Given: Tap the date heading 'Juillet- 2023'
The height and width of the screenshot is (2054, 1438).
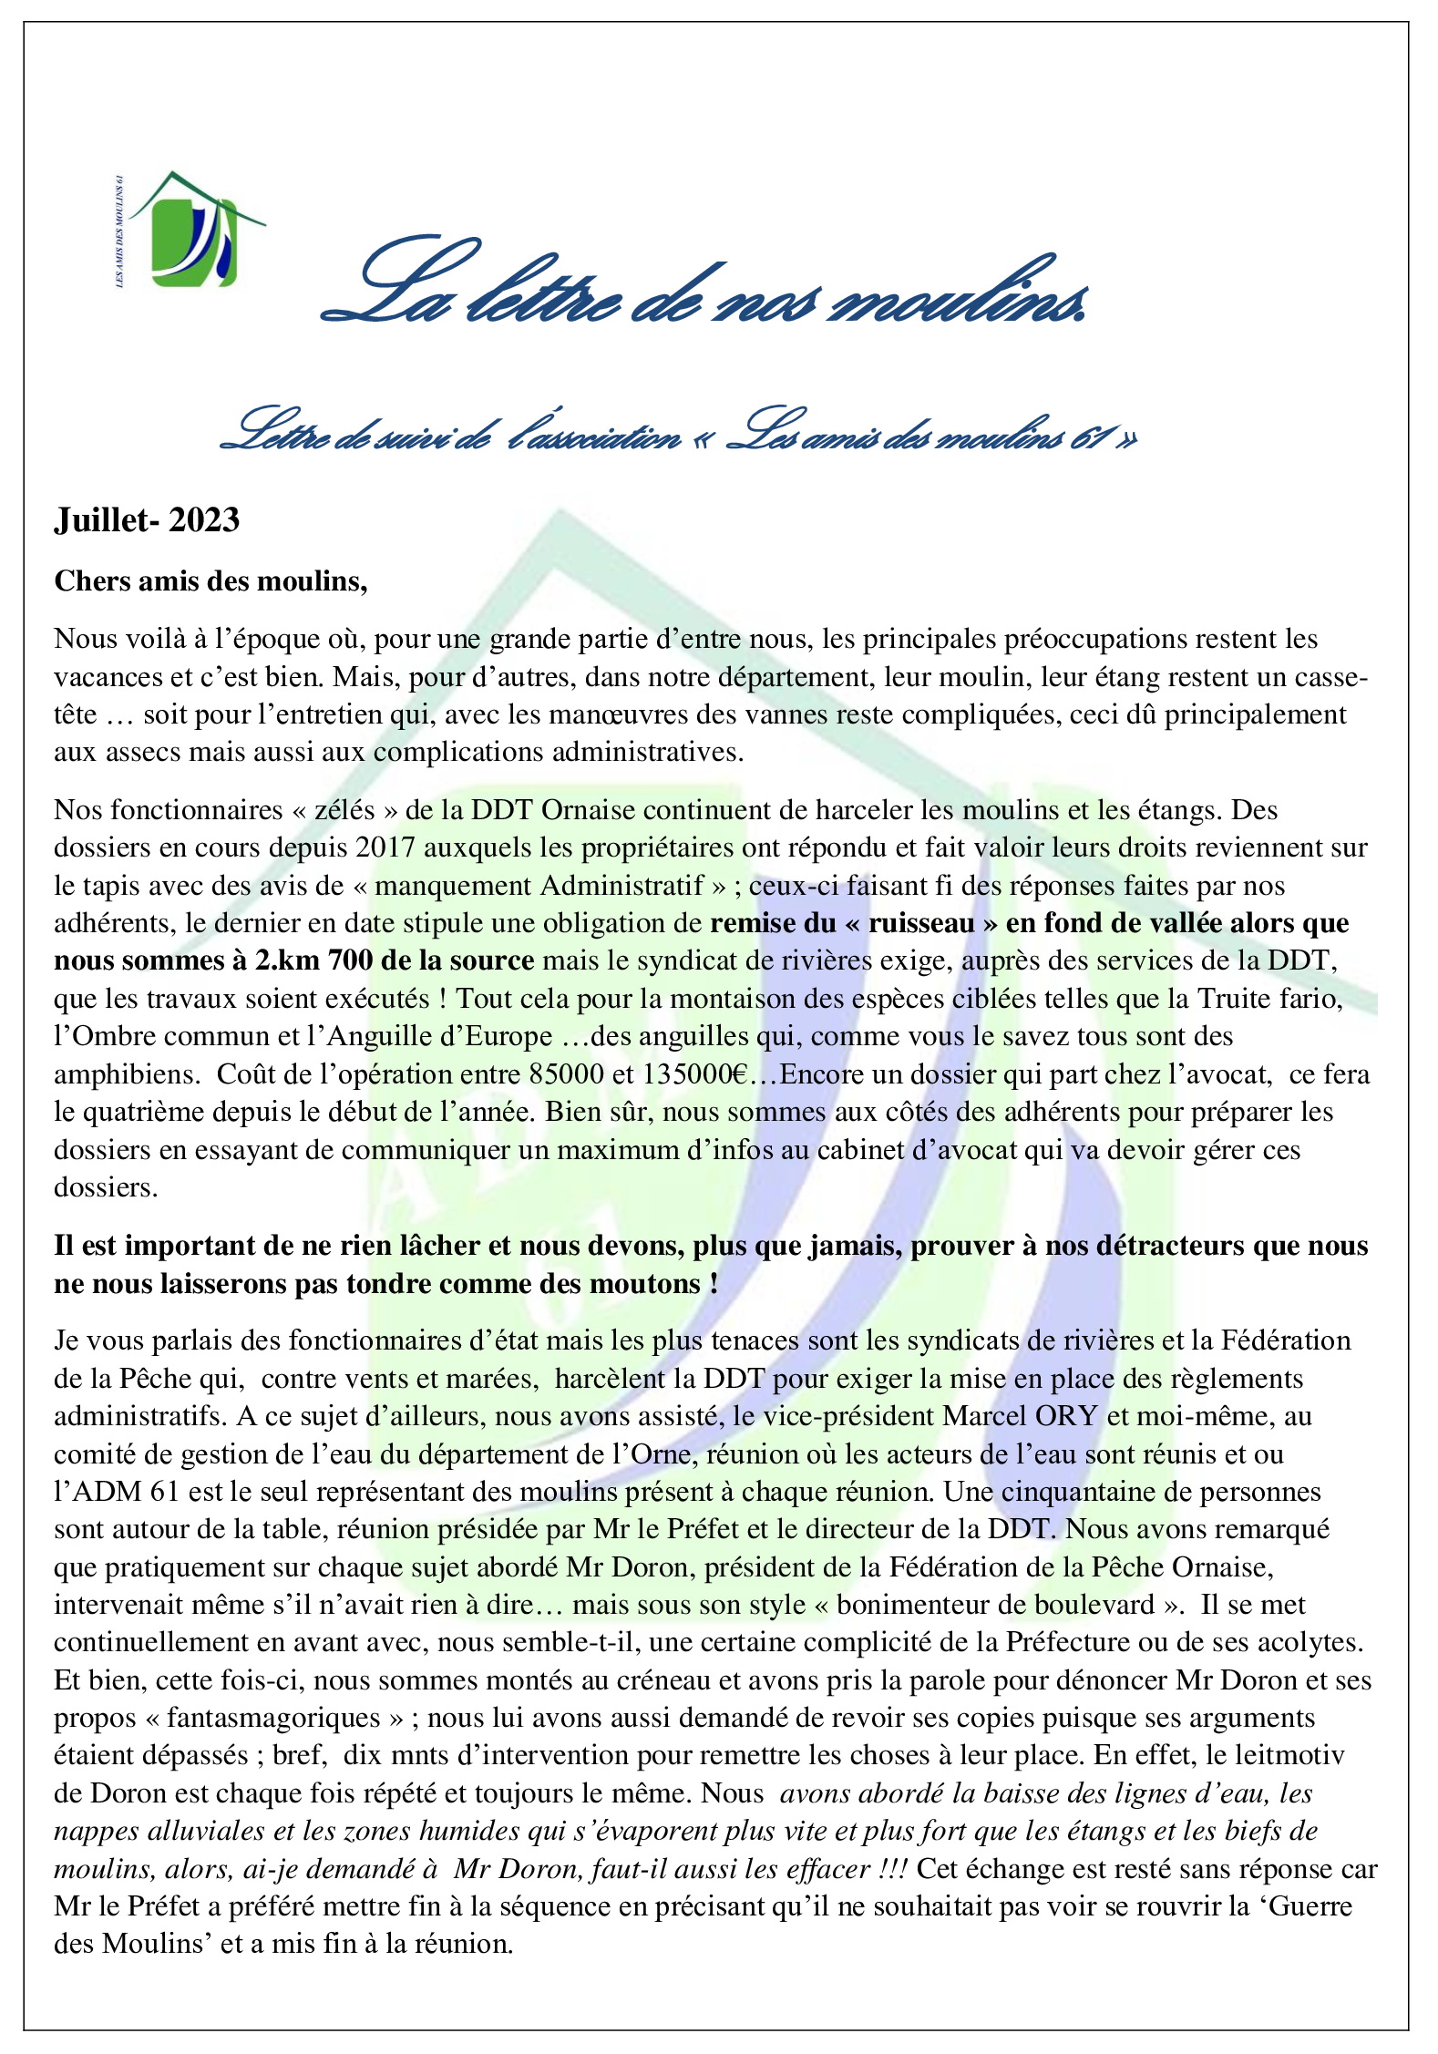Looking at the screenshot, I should pos(147,520).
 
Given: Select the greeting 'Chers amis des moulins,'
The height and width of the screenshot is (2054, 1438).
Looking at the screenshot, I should pos(211,581).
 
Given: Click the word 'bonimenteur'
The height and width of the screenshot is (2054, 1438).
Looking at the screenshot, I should pos(915,1605).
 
